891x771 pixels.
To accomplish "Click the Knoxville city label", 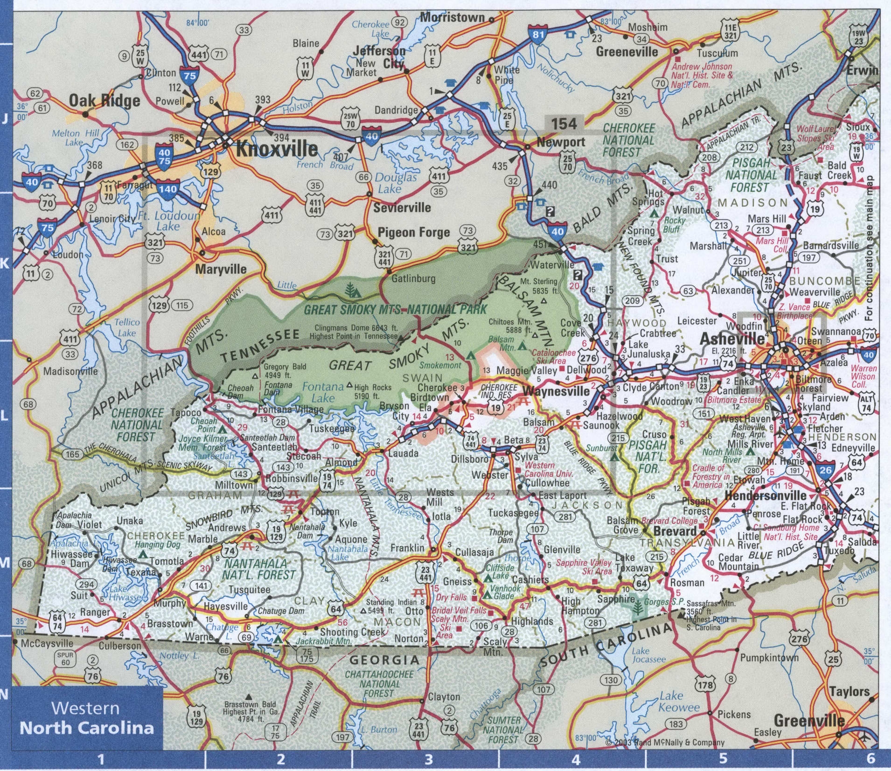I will (277, 149).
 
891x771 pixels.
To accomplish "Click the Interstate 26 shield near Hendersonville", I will (825, 469).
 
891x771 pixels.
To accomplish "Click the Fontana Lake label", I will (323, 392).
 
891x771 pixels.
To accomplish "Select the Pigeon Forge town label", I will (413, 233).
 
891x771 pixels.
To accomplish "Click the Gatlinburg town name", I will (413, 278).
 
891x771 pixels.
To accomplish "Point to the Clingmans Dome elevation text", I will (356, 332).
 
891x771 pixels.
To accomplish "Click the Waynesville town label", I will (556, 391).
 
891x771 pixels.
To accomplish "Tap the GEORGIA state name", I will (385, 660).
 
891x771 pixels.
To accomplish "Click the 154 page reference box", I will (564, 124).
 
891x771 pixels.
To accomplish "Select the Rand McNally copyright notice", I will (665, 742).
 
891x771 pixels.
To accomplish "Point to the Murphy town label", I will (170, 603).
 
